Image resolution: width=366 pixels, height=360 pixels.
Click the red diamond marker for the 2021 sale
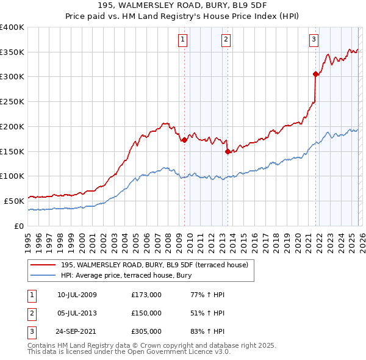[x=315, y=74]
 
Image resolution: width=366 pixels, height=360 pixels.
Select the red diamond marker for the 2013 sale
[x=228, y=151]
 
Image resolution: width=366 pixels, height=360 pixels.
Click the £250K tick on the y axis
[x=12, y=101]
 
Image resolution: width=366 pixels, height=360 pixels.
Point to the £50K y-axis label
[x=14, y=201]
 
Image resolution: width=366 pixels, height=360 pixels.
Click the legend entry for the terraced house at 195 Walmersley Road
[x=154, y=265]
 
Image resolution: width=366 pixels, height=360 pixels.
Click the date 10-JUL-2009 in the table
[x=77, y=295]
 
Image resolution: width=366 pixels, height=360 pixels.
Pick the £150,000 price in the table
[x=146, y=313]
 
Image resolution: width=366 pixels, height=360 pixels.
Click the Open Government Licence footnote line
[x=129, y=352]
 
